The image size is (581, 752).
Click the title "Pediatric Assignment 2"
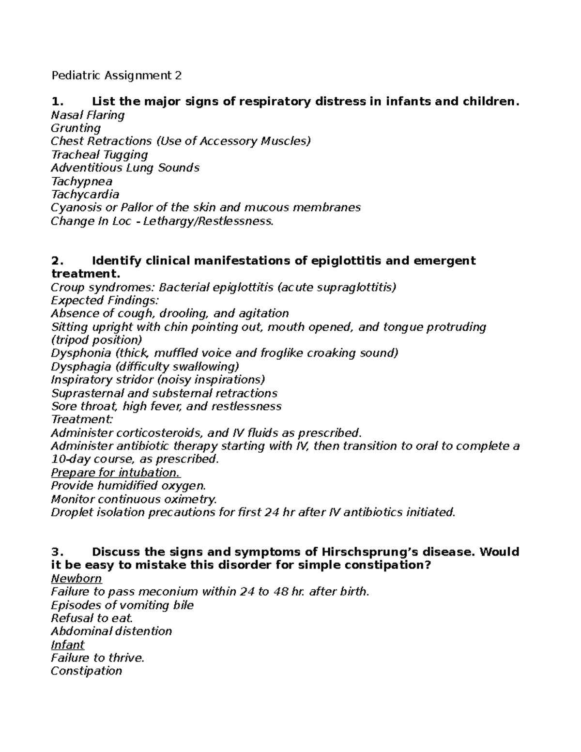click(x=116, y=76)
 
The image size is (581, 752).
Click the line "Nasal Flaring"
click(x=88, y=115)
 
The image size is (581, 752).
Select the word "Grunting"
click(x=76, y=128)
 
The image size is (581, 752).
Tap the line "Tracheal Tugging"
click(x=99, y=155)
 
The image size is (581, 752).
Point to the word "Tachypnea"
click(x=81, y=182)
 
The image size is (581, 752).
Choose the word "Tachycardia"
click(x=85, y=195)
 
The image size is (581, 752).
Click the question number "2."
click(x=57, y=261)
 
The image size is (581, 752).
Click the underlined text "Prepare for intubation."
click(x=116, y=473)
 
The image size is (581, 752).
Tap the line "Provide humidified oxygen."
click(x=128, y=486)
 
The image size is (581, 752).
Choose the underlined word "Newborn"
click(x=76, y=579)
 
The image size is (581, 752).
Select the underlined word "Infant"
click(x=67, y=645)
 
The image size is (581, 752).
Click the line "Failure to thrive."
click(x=97, y=658)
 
